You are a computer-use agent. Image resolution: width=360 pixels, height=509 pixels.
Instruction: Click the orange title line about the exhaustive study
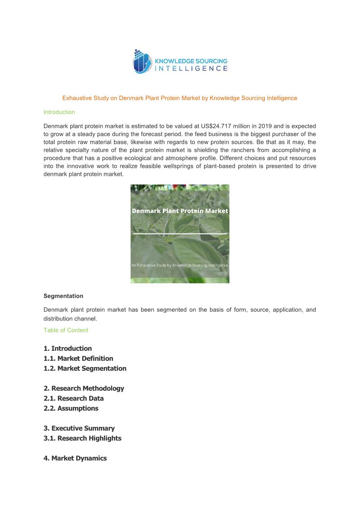pyautogui.click(x=180, y=98)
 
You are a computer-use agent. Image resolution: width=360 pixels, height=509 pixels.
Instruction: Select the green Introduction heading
pyautogui.click(x=59, y=112)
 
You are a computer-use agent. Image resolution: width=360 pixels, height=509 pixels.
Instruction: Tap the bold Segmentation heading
pyautogui.click(x=63, y=296)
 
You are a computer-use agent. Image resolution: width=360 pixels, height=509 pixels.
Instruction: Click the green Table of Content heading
pyautogui.click(x=66, y=330)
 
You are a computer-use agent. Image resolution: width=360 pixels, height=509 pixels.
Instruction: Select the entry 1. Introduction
pyautogui.click(x=68, y=349)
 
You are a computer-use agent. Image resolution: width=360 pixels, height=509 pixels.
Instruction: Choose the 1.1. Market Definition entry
pyautogui.click(x=78, y=359)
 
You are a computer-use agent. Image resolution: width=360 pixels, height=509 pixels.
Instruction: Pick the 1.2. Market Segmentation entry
pyautogui.click(x=85, y=368)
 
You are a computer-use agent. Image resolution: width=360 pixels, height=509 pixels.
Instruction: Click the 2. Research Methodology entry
pyautogui.click(x=84, y=388)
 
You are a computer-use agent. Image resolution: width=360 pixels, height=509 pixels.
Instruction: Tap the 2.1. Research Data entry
pyautogui.click(x=73, y=398)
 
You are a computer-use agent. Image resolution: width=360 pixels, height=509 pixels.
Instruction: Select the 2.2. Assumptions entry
pyautogui.click(x=71, y=408)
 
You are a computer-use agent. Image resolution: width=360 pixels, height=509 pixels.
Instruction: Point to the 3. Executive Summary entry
pyautogui.click(x=79, y=428)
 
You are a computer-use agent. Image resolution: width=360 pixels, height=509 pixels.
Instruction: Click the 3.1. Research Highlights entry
pyautogui.click(x=83, y=438)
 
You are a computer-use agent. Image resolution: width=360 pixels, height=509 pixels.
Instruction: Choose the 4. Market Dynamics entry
pyautogui.click(x=75, y=458)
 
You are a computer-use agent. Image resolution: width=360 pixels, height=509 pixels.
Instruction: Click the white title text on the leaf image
pyautogui.click(x=180, y=211)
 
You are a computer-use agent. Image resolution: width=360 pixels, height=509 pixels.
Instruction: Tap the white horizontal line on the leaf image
pyautogui.click(x=180, y=234)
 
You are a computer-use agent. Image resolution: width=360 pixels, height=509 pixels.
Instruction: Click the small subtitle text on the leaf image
pyautogui.click(x=180, y=265)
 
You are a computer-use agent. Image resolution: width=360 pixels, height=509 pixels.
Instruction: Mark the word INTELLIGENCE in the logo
pyautogui.click(x=191, y=68)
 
